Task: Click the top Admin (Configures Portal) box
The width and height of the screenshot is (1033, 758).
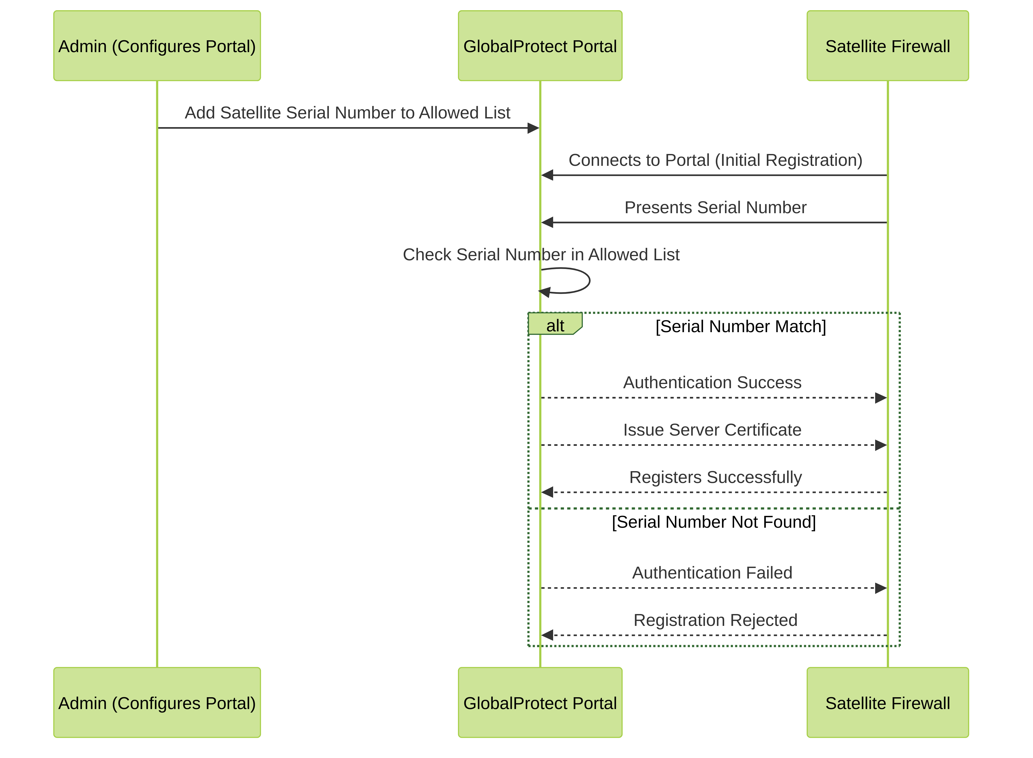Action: point(157,46)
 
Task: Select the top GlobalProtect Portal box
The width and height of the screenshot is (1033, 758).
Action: point(540,46)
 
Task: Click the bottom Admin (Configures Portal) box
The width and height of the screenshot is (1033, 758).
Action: point(157,702)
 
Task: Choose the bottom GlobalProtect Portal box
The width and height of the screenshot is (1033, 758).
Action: point(540,702)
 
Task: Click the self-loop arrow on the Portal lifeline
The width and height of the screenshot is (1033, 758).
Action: point(589,280)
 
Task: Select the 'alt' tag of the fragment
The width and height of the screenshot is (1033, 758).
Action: point(555,325)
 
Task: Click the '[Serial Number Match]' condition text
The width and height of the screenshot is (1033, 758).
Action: point(741,327)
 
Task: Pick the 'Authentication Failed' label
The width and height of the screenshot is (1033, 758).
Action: point(712,573)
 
